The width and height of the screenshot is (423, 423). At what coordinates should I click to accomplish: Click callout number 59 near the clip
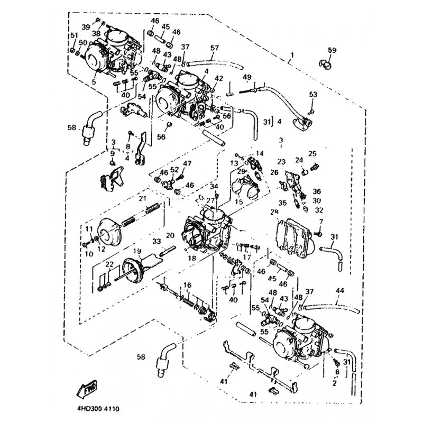coord(332,50)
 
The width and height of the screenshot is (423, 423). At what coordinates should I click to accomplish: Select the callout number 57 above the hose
coord(214,48)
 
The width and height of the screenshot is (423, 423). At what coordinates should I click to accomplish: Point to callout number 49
coord(247,78)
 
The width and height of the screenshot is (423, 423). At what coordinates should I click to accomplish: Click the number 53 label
coord(313,94)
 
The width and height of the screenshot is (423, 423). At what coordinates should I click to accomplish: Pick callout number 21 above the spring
coord(142,198)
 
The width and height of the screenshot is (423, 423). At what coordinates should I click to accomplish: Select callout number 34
coord(214,187)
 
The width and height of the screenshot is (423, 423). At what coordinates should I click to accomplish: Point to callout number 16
coord(187,286)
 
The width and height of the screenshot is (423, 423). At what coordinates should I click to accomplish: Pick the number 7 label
coord(320,220)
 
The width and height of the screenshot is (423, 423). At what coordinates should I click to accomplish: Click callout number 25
coord(312,154)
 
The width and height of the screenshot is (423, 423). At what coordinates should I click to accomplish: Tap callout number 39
coord(86,26)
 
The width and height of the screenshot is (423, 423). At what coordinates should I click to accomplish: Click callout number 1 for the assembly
coord(291,56)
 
